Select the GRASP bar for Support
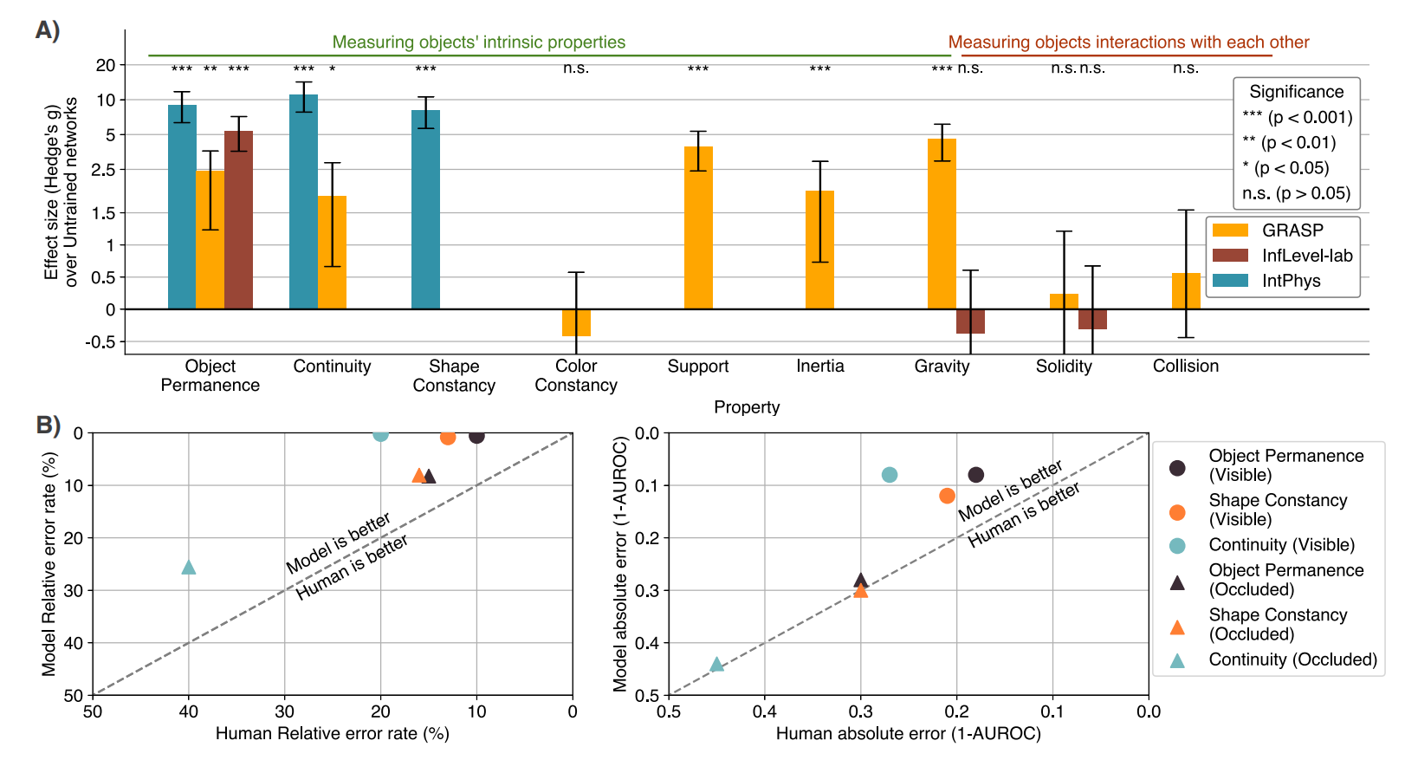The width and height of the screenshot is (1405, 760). coord(698,228)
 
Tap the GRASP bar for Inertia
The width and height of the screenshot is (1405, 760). coord(819,250)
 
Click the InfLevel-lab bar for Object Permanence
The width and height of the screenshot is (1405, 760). coord(238,220)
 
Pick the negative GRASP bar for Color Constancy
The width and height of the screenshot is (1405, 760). coord(576,322)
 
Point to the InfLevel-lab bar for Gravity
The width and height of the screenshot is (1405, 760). coord(970,322)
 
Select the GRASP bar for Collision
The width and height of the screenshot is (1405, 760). coord(1186,291)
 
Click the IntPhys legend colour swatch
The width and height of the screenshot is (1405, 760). coord(1230,281)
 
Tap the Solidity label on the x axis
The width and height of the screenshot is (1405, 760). coord(1064,367)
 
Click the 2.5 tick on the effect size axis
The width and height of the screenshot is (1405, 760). coord(104,170)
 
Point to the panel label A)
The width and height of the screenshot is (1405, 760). coord(48,30)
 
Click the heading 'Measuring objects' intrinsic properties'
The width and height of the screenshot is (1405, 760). coord(478,42)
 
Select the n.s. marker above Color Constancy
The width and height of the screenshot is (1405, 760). coord(576,68)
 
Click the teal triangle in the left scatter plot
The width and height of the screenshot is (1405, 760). coord(189,567)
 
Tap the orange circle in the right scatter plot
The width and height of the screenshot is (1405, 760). coord(947,496)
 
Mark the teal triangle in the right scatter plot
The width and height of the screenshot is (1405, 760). coord(716,665)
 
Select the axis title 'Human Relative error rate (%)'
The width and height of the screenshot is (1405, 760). coord(332,734)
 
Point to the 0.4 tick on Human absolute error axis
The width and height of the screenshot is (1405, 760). coord(764,712)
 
